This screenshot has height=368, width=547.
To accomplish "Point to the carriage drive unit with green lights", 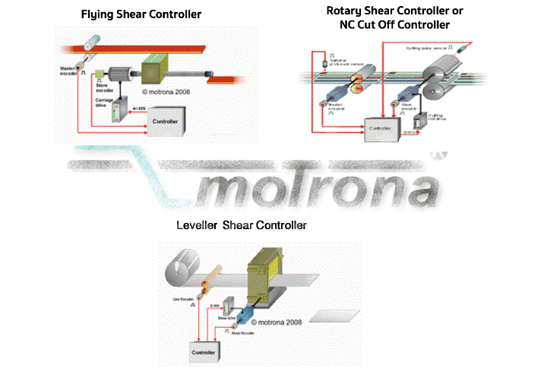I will pos(116,113).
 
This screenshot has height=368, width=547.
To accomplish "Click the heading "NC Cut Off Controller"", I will pos(394,25).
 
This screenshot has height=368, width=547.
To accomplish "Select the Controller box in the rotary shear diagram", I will pos(382,129).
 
